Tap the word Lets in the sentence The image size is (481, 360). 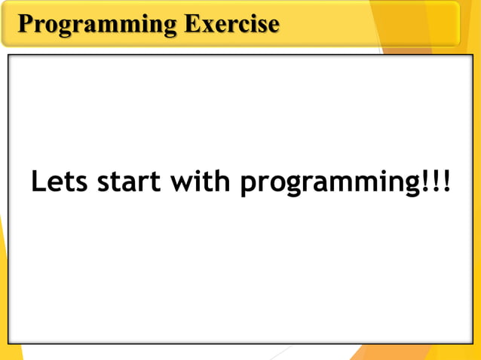coord(59,182)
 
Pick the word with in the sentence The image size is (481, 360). coord(201,182)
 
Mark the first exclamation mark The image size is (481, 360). coord(423,182)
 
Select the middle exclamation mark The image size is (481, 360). coord(435,182)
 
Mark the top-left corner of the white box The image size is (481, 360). coord(9,56)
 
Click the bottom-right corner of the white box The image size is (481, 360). coord(472,343)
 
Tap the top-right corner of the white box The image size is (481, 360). coord(472,56)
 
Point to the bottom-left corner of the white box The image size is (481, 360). coord(9,343)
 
